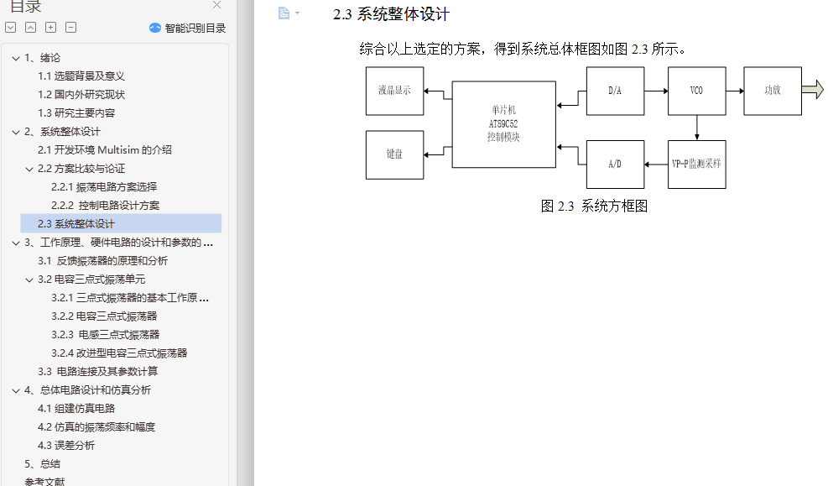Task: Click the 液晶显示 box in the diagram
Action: pyautogui.click(x=394, y=91)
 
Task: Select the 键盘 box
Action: pyautogui.click(x=394, y=154)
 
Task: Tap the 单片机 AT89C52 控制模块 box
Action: pyautogui.click(x=504, y=124)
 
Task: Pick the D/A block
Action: pyautogui.click(x=615, y=91)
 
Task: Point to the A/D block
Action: pyautogui.click(x=615, y=165)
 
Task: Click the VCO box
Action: pyautogui.click(x=696, y=91)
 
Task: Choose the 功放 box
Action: pyautogui.click(x=773, y=91)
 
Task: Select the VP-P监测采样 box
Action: pyautogui.click(x=696, y=165)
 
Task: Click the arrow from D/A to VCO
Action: pyautogui.click(x=656, y=91)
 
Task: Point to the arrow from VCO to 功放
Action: pyautogui.click(x=735, y=91)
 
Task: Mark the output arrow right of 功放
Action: pyautogui.click(x=813, y=90)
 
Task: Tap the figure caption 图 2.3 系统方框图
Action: pyautogui.click(x=594, y=206)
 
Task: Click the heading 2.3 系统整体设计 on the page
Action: pyautogui.click(x=391, y=14)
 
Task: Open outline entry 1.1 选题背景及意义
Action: pyautogui.click(x=81, y=76)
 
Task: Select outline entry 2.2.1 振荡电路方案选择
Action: pyautogui.click(x=104, y=187)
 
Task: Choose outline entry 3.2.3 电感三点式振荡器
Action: pyautogui.click(x=105, y=335)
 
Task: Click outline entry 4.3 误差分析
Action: pyautogui.click(x=66, y=446)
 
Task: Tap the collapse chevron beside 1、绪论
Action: pyautogui.click(x=16, y=58)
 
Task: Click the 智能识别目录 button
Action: pyautogui.click(x=187, y=28)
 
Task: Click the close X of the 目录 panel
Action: pyautogui.click(x=216, y=5)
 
